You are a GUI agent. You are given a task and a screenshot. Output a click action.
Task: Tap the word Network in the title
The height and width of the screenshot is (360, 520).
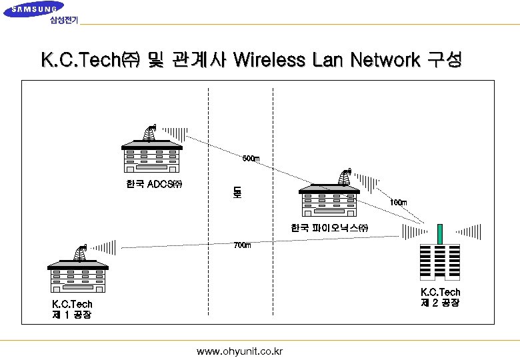pyautogui.click(x=381, y=61)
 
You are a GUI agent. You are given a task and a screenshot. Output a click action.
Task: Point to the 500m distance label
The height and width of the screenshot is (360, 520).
pyautogui.click(x=251, y=159)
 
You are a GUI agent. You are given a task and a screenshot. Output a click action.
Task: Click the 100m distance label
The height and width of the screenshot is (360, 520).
pyautogui.click(x=398, y=203)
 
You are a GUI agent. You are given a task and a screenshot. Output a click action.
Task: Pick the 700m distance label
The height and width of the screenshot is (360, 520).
pyautogui.click(x=242, y=245)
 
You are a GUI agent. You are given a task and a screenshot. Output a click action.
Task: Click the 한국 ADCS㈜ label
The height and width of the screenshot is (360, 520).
pyautogui.click(x=154, y=183)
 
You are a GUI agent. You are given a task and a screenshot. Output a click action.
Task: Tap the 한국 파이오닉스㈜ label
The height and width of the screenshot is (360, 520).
pyautogui.click(x=329, y=228)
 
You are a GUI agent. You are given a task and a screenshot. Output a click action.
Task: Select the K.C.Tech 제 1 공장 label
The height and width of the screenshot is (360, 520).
pyautogui.click(x=72, y=309)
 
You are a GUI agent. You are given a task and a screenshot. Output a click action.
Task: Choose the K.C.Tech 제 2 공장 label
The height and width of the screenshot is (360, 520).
pyautogui.click(x=440, y=297)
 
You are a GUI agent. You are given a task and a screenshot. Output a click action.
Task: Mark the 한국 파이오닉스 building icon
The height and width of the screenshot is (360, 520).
pyautogui.click(x=329, y=201)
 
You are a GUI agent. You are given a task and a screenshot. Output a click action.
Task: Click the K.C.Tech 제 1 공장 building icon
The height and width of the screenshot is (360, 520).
pyautogui.click(x=77, y=277)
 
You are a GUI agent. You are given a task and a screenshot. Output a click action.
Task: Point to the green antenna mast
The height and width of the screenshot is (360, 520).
pyautogui.click(x=440, y=234)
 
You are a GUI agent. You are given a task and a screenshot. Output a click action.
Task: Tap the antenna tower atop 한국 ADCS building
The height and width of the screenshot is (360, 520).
pyautogui.click(x=149, y=133)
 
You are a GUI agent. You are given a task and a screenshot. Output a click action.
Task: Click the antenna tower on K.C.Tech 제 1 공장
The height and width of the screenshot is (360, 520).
pyautogui.click(x=81, y=252)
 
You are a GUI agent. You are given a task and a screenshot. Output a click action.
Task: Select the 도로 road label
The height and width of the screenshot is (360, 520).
pyautogui.click(x=237, y=193)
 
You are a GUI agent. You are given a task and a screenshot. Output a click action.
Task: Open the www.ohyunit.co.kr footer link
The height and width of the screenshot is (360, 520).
pyautogui.click(x=240, y=351)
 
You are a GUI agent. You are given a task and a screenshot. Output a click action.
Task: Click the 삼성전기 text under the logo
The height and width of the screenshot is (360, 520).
pyautogui.click(x=64, y=20)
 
